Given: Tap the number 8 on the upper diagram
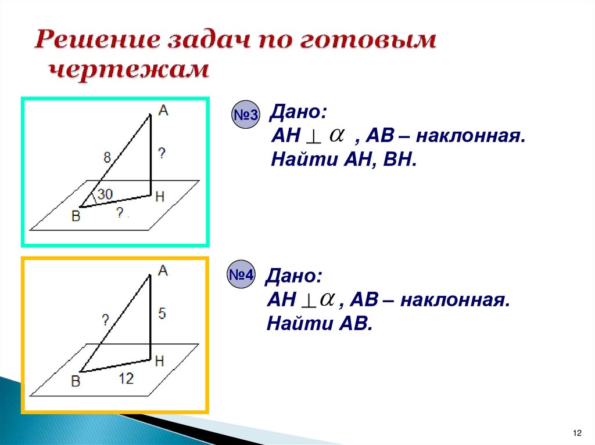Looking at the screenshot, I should click(107, 156).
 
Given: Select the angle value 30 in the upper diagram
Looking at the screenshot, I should click(105, 195).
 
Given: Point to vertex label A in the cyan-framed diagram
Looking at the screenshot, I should click(163, 110).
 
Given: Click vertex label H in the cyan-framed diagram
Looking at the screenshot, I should click(160, 197).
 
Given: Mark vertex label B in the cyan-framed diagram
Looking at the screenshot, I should click(76, 216).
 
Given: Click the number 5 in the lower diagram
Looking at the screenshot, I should click(162, 314).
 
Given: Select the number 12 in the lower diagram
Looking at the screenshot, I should click(126, 379).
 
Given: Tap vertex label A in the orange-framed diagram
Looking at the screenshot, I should click(163, 270).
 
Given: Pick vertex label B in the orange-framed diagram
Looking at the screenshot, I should click(76, 381).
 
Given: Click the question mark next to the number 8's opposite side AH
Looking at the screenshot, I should click(162, 154).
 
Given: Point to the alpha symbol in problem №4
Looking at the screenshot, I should click(327, 298).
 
